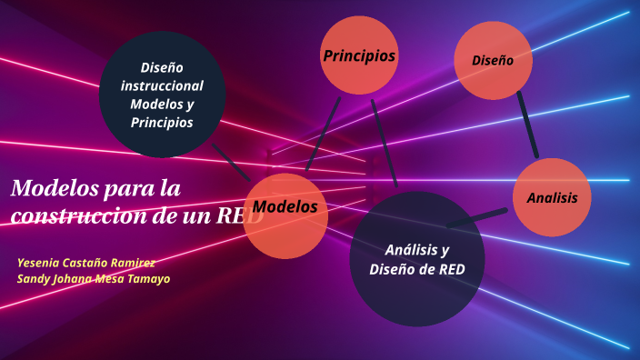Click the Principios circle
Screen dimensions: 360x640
point(359,56)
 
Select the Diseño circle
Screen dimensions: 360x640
point(493,61)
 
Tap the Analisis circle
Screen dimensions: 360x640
point(552,197)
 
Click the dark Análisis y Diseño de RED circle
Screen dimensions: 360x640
point(416,259)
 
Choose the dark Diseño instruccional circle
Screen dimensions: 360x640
point(162,95)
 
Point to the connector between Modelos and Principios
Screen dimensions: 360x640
point(323,134)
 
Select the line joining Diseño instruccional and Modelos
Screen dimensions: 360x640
point(231,160)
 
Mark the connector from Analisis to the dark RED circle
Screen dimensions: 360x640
point(477,218)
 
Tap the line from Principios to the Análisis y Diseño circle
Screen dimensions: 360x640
point(385,141)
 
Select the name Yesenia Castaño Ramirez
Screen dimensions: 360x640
point(86,262)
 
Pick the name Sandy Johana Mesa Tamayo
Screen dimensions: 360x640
point(94,278)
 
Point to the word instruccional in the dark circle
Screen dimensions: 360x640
point(162,85)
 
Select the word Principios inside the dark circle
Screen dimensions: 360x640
point(162,123)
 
